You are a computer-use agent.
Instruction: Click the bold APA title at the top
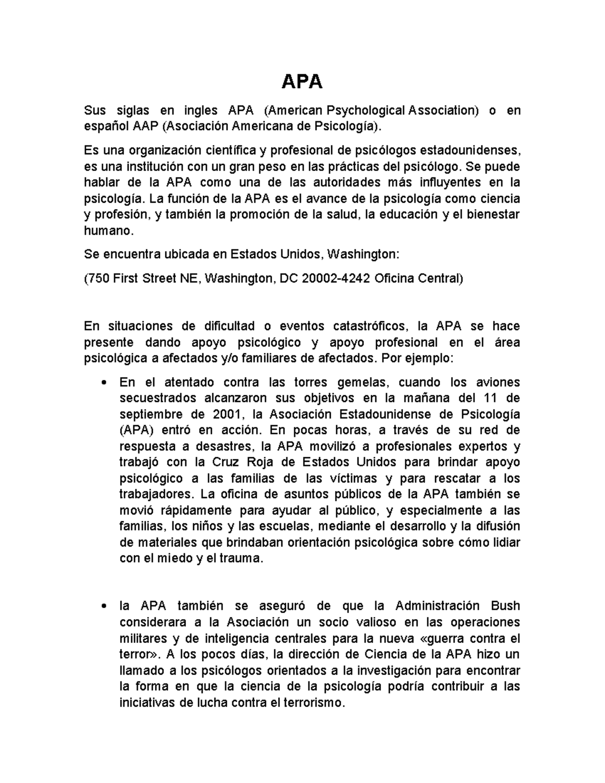pyautogui.click(x=301, y=81)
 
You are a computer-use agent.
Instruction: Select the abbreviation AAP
pyautogui.click(x=146, y=126)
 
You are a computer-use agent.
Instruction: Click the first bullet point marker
pyautogui.click(x=104, y=383)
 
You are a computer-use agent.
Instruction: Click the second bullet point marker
pyautogui.click(x=104, y=607)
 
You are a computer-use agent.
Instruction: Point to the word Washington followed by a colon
pyautogui.click(x=363, y=255)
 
